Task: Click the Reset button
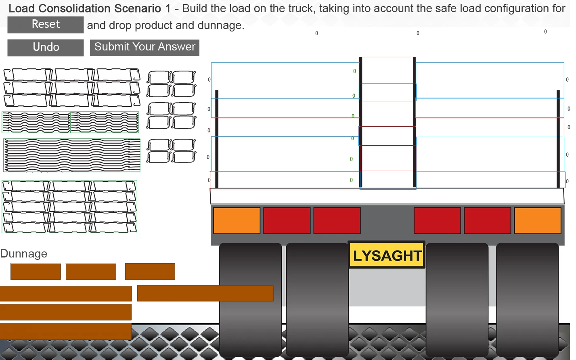click(x=46, y=25)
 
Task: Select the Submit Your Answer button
click(x=145, y=47)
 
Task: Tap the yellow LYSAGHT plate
click(x=387, y=255)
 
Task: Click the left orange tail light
click(x=237, y=220)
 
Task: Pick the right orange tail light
click(x=538, y=220)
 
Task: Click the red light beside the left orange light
click(x=287, y=220)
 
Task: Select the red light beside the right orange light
click(x=488, y=220)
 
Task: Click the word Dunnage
click(x=24, y=254)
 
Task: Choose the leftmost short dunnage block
click(x=36, y=272)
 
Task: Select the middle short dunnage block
click(x=91, y=272)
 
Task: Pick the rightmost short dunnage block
click(x=150, y=272)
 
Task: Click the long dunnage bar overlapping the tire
click(x=205, y=293)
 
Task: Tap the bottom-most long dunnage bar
click(x=65, y=331)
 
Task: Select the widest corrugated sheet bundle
click(x=72, y=155)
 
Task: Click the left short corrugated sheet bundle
click(x=36, y=122)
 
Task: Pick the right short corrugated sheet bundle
click(x=105, y=122)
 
